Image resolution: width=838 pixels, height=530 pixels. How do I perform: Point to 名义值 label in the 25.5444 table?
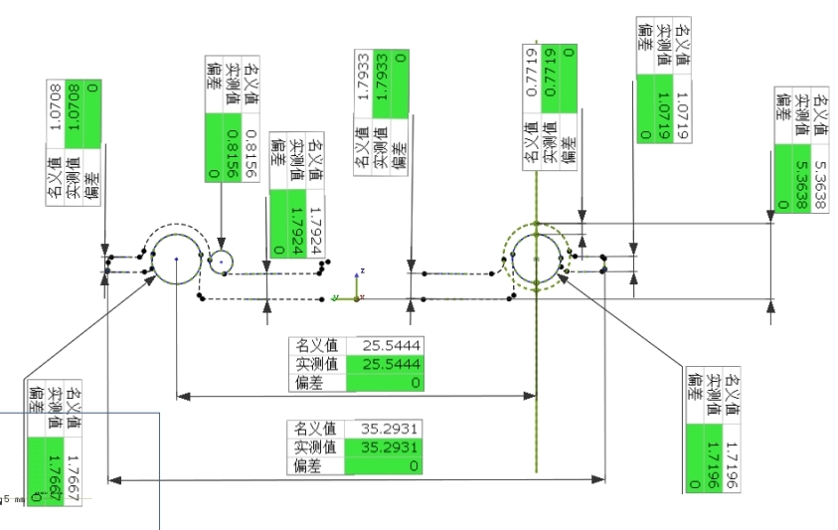[316, 345]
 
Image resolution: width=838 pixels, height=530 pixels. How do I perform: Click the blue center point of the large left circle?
[176, 259]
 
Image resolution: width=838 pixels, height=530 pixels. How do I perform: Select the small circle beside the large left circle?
[221, 262]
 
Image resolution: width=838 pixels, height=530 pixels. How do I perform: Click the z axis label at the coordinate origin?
[363, 270]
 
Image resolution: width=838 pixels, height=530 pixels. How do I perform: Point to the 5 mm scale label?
[10, 499]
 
